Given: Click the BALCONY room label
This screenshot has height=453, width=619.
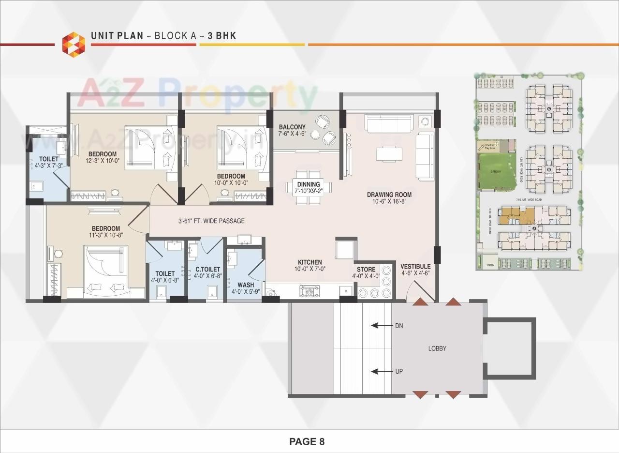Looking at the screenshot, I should pyautogui.click(x=293, y=127).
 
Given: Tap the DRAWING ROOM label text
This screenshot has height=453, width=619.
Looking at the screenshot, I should pyautogui.click(x=389, y=195).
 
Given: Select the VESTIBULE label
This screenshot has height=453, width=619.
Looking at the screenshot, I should pyautogui.click(x=415, y=267).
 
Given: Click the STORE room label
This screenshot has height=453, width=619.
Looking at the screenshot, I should pyautogui.click(x=366, y=270).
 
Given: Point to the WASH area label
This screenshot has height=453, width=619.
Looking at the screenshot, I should pyautogui.click(x=246, y=285).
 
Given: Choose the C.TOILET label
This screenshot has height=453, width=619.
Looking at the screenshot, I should pyautogui.click(x=207, y=269).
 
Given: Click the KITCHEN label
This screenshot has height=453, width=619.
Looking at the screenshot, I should pyautogui.click(x=310, y=262).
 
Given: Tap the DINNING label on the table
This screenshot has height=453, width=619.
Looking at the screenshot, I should pyautogui.click(x=309, y=184).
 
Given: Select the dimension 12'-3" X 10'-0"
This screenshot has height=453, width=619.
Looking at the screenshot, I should pyautogui.click(x=102, y=161).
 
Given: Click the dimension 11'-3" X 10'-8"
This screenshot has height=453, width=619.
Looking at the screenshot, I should pyautogui.click(x=106, y=236).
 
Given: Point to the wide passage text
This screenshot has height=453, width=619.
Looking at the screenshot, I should pyautogui.click(x=211, y=221).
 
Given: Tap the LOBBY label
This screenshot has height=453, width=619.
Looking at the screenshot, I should pyautogui.click(x=437, y=348).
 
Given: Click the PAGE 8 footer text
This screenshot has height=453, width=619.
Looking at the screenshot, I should pyautogui.click(x=307, y=441).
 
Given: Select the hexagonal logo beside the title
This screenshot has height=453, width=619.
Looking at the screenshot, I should pyautogui.click(x=74, y=44).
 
